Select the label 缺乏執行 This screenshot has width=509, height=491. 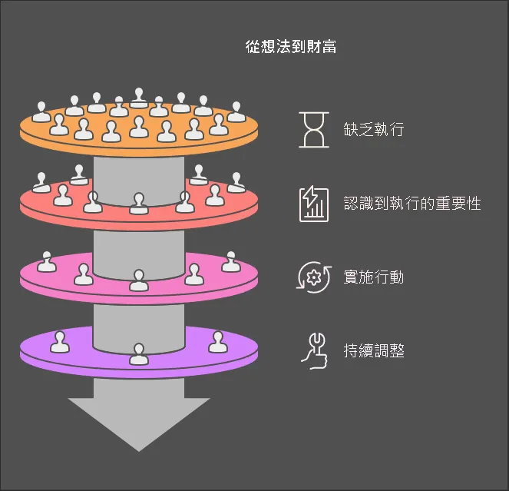[374, 128]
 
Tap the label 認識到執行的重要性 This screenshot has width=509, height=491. [412, 203]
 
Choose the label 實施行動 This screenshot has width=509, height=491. [374, 277]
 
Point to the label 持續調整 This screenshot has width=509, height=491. [374, 352]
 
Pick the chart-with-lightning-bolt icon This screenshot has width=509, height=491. [313, 204]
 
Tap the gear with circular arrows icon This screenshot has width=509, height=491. [313, 277]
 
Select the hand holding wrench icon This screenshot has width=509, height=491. [313, 350]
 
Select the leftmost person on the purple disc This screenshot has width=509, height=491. [59, 342]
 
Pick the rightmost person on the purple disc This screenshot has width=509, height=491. [218, 342]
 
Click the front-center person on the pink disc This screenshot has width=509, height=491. [138, 281]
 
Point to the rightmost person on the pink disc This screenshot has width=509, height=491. [230, 263]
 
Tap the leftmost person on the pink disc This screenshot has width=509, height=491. [47, 263]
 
